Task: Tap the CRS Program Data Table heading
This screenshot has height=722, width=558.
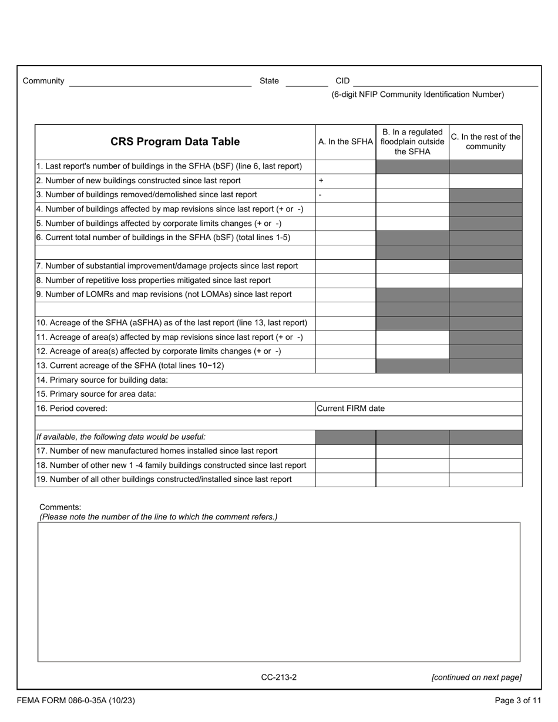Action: tap(175, 141)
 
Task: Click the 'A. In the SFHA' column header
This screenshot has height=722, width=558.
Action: tap(345, 141)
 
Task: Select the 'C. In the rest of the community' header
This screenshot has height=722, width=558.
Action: tap(486, 141)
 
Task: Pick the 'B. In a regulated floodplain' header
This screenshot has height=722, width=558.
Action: tap(412, 141)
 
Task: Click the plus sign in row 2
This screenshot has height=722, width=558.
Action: tap(321, 181)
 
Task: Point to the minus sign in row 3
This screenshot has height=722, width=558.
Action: tap(320, 195)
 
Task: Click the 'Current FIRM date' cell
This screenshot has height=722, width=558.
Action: tap(351, 409)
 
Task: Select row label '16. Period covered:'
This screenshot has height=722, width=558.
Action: tap(72, 409)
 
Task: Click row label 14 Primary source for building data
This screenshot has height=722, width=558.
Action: tap(102, 380)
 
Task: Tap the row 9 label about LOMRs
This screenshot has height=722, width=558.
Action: tap(164, 295)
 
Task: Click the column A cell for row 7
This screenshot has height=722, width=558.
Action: tap(345, 266)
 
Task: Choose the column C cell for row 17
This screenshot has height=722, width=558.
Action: tap(485, 451)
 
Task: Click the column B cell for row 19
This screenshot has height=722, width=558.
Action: tap(412, 480)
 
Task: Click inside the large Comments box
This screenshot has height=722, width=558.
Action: tap(279, 592)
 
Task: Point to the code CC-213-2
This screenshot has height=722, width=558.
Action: tap(279, 677)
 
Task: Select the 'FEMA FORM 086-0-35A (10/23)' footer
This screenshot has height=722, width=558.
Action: tap(76, 700)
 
